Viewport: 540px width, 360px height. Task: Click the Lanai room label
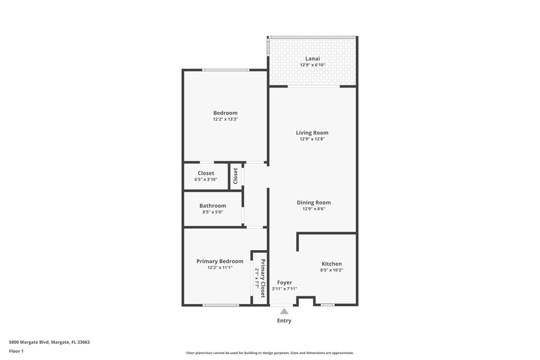[312, 59]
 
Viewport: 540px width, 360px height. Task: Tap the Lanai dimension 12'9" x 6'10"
[312, 65]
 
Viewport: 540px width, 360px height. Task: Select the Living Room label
[312, 133]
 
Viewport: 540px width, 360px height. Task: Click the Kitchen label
[331, 264]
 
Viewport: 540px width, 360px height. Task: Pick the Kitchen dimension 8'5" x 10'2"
[331, 270]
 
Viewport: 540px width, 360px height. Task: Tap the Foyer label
[284, 282]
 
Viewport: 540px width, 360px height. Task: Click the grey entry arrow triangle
[284, 311]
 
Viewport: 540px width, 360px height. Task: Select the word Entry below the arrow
[284, 321]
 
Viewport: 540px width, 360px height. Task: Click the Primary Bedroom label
[220, 261]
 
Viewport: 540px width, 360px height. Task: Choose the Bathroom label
[212, 206]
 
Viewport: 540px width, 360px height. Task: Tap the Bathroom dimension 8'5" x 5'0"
[212, 212]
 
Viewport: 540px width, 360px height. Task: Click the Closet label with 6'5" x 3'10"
[206, 173]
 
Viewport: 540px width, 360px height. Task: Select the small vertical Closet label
[236, 176]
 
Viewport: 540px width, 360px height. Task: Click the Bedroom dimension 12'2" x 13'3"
[225, 120]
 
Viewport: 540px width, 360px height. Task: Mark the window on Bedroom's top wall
[226, 70]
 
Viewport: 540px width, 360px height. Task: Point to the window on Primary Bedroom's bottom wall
[221, 305]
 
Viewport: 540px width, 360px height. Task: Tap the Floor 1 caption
[16, 351]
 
